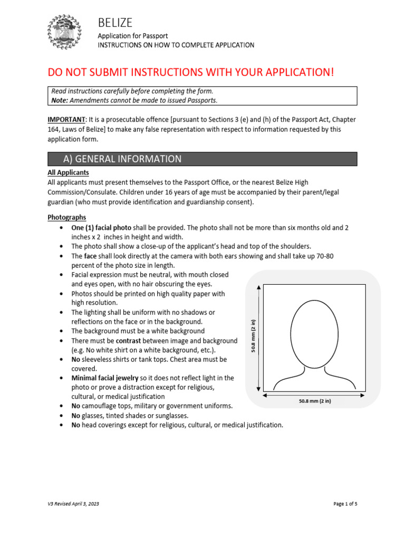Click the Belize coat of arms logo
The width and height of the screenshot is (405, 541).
(x=64, y=32)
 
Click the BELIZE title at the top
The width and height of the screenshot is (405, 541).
(x=115, y=22)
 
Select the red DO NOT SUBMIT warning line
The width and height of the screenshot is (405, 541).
(x=191, y=72)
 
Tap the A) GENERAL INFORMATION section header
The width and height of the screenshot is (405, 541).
(x=122, y=159)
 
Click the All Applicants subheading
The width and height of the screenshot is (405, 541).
(x=68, y=173)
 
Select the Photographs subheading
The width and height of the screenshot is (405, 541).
(x=66, y=217)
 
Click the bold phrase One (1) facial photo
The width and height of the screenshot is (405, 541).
(x=101, y=227)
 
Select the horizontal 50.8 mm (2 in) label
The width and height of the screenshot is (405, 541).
(x=314, y=401)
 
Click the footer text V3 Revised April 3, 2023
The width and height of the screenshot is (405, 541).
(x=73, y=504)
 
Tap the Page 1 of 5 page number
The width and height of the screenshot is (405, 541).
(x=345, y=504)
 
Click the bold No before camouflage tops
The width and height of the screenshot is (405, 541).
(x=75, y=406)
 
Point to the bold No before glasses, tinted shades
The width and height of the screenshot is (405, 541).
(x=75, y=416)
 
